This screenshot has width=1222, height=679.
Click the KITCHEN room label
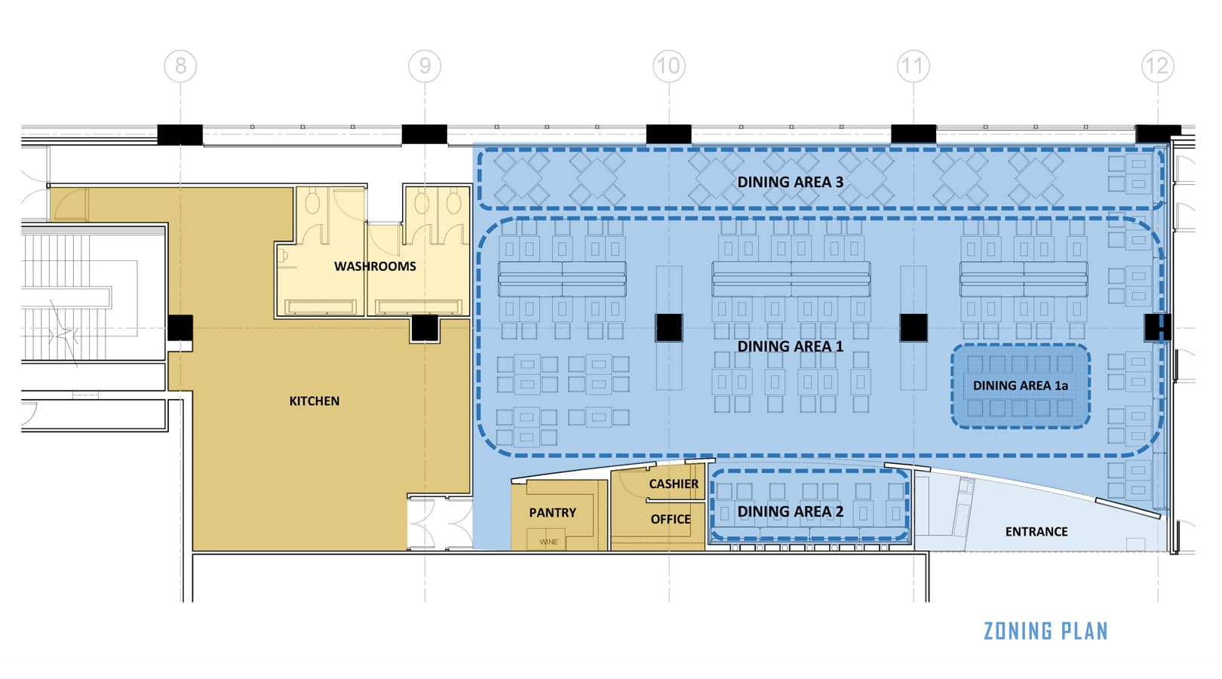click(315, 401)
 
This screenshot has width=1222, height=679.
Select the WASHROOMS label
click(376, 266)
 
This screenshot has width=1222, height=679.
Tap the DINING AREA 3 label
click(791, 183)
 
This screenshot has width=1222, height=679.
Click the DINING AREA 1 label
click(791, 346)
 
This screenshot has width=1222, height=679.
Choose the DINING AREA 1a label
click(1020, 386)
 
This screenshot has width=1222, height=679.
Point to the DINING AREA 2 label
click(791, 512)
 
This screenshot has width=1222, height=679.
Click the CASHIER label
click(674, 484)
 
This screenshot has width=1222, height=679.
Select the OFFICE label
click(671, 519)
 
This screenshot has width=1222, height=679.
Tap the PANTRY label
click(553, 512)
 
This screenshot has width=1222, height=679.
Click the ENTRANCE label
click(1036, 532)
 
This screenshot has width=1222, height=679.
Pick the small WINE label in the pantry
click(548, 542)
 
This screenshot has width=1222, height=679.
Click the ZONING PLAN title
click(1045, 631)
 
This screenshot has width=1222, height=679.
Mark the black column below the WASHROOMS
click(425, 329)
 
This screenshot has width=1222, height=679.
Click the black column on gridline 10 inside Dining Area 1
click(669, 328)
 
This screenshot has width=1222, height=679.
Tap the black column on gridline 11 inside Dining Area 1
click(913, 328)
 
